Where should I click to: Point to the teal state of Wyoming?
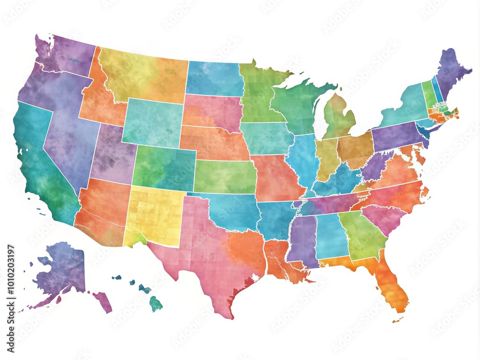151,122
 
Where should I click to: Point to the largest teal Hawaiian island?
155,304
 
